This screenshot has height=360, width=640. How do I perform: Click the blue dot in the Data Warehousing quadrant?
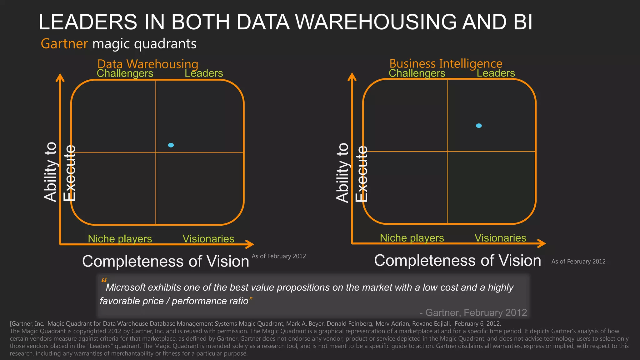click(x=171, y=145)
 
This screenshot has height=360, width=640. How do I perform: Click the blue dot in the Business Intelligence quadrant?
click(x=479, y=126)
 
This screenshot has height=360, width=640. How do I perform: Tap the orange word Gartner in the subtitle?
click(x=64, y=44)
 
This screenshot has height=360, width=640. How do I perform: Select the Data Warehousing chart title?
click(x=148, y=64)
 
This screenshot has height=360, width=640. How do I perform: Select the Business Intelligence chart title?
click(x=446, y=63)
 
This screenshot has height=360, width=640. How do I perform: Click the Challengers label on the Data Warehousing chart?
click(x=125, y=73)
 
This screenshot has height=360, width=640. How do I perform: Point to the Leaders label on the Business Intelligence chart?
click(x=496, y=73)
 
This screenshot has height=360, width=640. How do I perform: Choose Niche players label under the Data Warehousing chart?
click(x=120, y=239)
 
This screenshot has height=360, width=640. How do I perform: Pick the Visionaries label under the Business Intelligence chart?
click(x=500, y=238)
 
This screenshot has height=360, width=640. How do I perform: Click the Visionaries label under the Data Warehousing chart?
click(x=208, y=239)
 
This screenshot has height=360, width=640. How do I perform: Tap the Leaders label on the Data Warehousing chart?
click(x=204, y=73)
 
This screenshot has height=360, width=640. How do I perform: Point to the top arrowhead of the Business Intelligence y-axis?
click(x=352, y=77)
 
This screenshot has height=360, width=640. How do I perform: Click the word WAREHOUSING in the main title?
click(x=376, y=22)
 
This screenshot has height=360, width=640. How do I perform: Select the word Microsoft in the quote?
click(x=126, y=287)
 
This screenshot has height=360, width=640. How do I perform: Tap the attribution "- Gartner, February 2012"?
click(x=473, y=312)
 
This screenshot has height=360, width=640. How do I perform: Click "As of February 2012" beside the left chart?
click(x=279, y=256)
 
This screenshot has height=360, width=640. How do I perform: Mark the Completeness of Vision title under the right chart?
click(x=457, y=261)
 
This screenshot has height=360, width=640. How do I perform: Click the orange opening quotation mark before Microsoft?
click(x=104, y=280)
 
